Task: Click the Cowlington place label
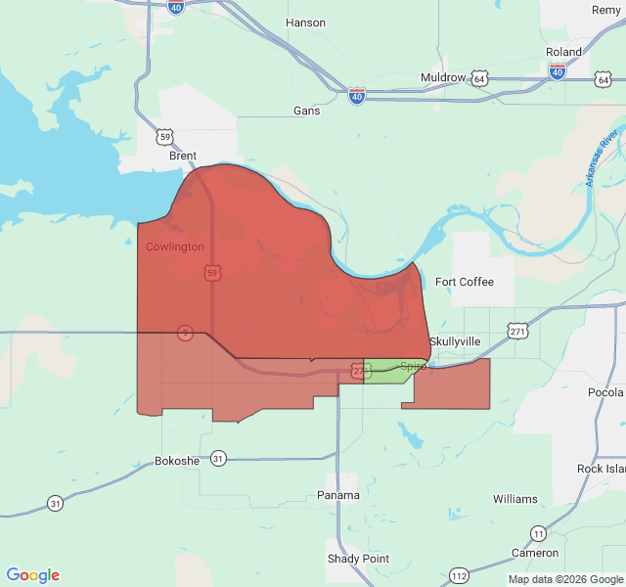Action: point(175,247)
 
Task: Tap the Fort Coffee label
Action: point(465,282)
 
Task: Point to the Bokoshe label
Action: point(177,460)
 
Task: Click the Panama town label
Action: point(338,495)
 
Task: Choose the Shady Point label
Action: point(358,559)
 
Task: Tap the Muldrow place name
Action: point(443,77)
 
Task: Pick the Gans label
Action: point(307,111)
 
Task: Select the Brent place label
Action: point(183,156)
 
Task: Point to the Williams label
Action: point(515,499)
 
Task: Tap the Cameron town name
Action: point(535,553)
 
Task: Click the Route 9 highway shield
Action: point(185,334)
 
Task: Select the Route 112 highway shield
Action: point(459,574)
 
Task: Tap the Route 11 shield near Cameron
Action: point(539,533)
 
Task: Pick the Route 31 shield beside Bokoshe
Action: point(218,458)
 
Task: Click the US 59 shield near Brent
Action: point(166,137)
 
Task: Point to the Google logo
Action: point(33,575)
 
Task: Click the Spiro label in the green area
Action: point(413,367)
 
